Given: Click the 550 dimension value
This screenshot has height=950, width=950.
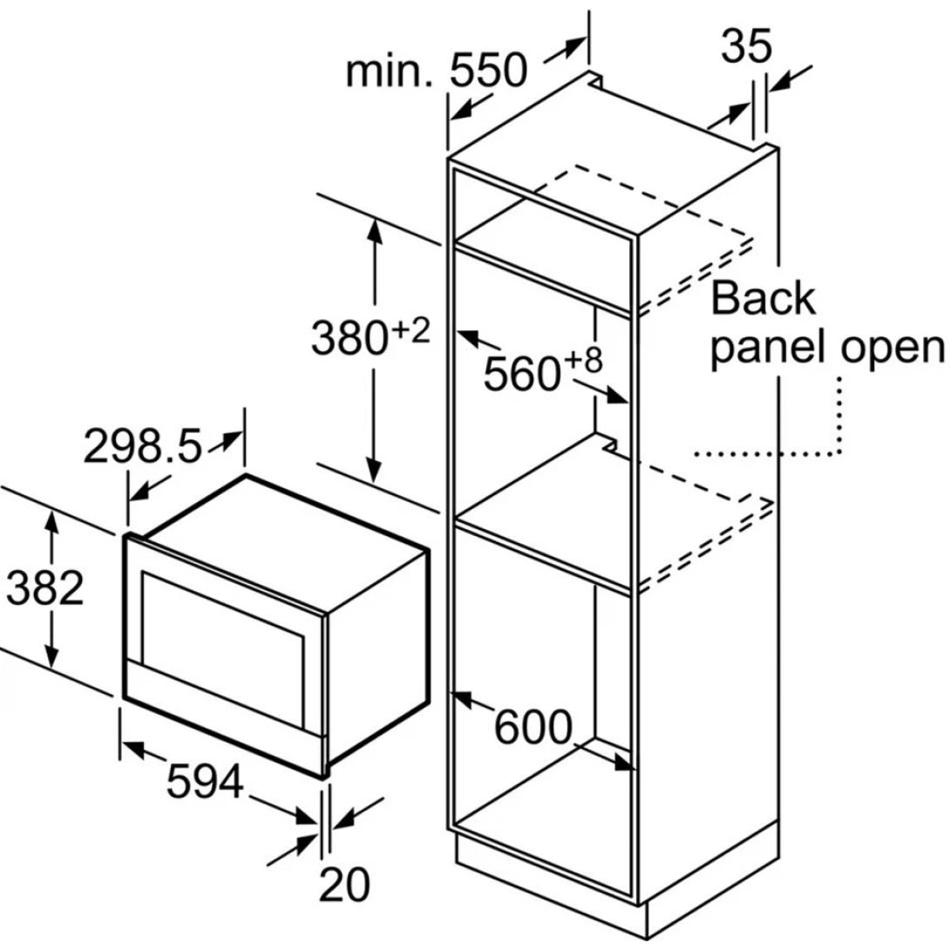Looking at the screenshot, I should click(x=489, y=71).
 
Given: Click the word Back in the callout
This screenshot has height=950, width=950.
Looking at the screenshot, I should click(x=763, y=299).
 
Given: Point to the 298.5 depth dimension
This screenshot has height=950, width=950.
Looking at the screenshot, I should click(x=142, y=448).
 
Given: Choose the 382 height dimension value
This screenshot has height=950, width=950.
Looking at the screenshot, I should click(x=44, y=589).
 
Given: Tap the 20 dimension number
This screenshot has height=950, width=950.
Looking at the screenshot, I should click(x=344, y=886).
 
